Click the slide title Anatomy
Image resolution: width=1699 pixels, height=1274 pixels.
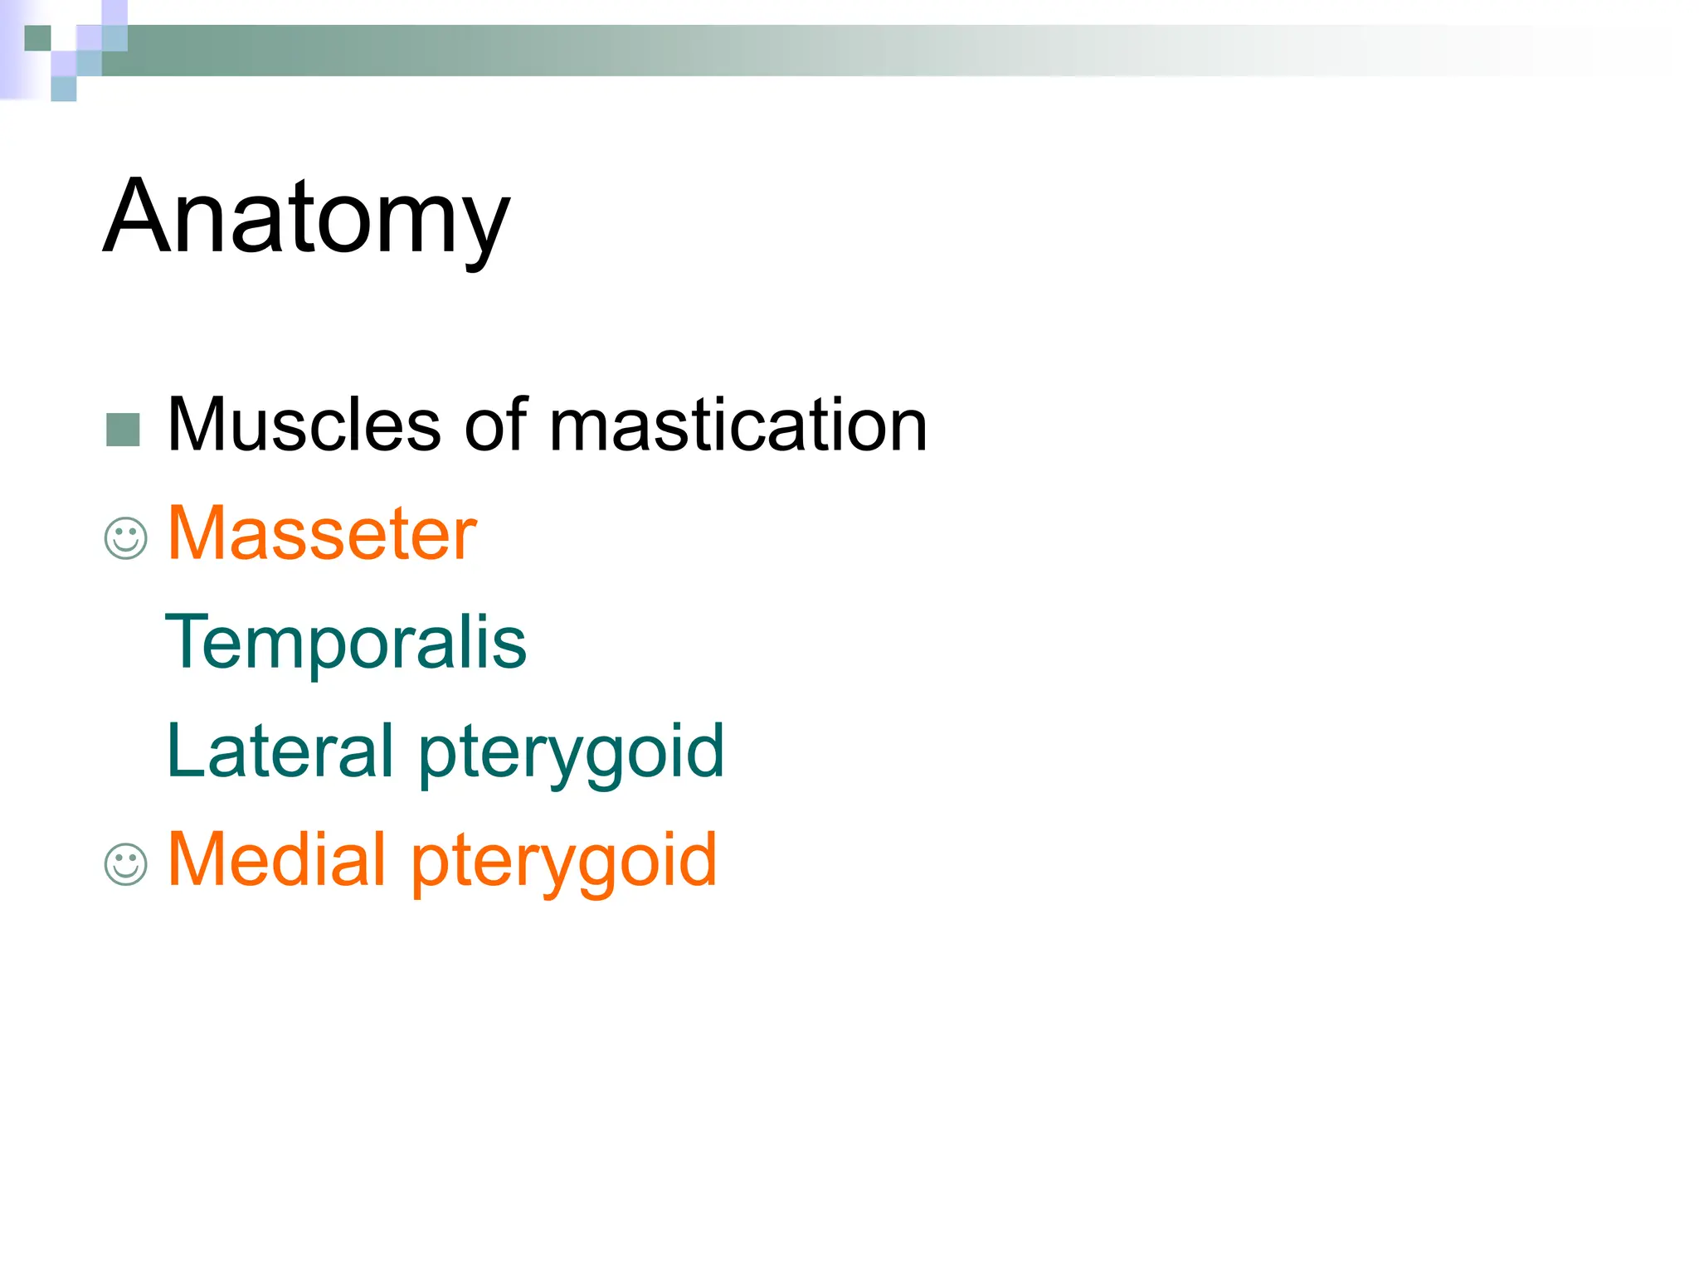click(x=306, y=217)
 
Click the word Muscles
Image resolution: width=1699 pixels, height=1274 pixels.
click(x=304, y=425)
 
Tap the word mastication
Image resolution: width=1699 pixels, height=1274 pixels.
click(x=738, y=425)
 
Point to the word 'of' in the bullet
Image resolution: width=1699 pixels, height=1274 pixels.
click(x=496, y=425)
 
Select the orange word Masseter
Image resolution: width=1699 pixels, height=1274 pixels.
click(x=322, y=533)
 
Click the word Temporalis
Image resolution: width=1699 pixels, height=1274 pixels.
click(x=346, y=642)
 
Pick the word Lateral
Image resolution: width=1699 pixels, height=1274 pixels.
click(x=280, y=751)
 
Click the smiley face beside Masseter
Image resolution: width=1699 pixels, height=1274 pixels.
click(x=126, y=538)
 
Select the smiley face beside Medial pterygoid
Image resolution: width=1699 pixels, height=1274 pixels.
click(x=126, y=864)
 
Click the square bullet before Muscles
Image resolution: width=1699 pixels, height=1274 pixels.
click(x=124, y=430)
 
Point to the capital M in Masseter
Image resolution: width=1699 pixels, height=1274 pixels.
click(x=196, y=533)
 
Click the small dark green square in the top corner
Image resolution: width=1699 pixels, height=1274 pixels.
click(x=37, y=38)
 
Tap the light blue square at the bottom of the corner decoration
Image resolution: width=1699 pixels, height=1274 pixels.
click(x=64, y=89)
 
